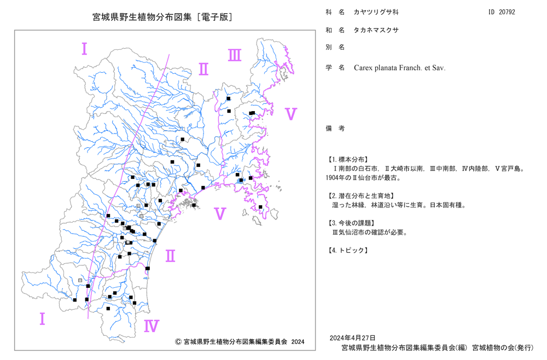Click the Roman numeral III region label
[235, 55]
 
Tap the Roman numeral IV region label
[152, 326]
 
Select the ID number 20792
[507, 12]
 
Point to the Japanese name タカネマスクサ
[376, 30]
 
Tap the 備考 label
[335, 129]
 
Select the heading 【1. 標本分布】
[347, 160]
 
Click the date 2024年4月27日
[353, 338]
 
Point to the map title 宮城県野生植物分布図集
[142, 17]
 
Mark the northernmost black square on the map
[229, 98]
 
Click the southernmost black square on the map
[108, 309]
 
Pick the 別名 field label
[335, 48]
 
